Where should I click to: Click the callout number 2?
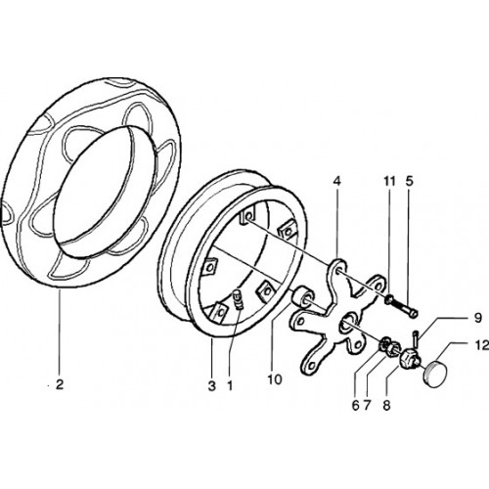point(60,385)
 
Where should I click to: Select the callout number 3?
point(212,386)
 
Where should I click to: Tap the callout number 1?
point(230,386)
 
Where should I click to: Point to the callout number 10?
point(275,379)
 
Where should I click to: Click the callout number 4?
point(337,181)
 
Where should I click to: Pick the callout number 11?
point(389,181)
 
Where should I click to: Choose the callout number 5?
point(410,181)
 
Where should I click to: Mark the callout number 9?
point(478,318)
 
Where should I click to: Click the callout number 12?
point(482,345)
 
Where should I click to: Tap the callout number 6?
point(355,406)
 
